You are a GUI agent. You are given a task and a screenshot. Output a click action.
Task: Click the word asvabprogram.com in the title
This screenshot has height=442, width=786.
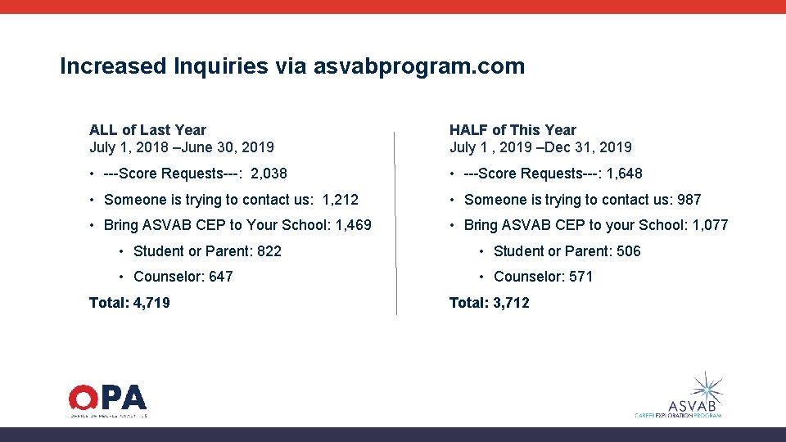coord(418,66)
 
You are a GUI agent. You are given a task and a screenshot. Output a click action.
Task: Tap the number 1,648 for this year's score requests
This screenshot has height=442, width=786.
coord(625,174)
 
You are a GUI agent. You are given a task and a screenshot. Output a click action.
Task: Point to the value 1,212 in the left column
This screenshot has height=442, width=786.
coord(341,200)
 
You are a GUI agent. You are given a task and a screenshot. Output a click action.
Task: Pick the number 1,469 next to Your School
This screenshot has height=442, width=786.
coord(354,225)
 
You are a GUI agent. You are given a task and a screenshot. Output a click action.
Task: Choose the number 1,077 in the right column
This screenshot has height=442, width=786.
coord(710,225)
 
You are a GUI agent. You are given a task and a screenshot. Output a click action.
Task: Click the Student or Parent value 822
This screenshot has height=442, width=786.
coord(269,251)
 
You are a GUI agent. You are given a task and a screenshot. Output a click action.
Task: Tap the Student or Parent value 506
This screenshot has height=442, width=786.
coord(629,251)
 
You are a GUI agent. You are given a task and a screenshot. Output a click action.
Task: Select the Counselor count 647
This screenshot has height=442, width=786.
coord(220,277)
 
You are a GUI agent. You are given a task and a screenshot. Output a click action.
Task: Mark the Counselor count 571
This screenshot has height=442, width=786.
coord(580,277)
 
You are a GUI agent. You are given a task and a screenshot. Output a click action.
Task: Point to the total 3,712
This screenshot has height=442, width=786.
coord(511,303)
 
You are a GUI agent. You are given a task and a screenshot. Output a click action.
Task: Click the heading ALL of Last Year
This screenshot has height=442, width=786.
coord(147,130)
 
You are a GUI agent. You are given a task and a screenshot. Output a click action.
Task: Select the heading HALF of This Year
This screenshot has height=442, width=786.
coord(513,130)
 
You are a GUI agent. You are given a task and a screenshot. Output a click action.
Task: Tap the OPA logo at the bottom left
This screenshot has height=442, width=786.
coord(107,399)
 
